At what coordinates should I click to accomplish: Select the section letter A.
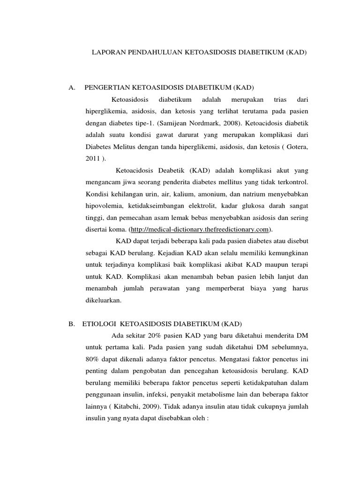72,88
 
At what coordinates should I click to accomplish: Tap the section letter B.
72,323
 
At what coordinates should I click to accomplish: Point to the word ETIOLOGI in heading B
100,323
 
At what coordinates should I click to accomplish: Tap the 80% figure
93,359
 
